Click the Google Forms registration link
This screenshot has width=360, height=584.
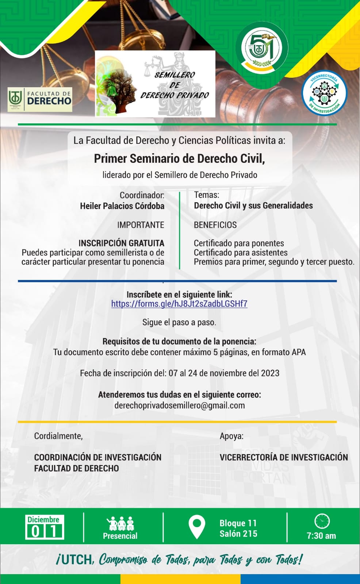coord(179,304)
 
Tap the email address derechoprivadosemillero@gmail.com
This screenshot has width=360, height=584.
coord(180,405)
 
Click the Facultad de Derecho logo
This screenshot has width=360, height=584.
coord(40,100)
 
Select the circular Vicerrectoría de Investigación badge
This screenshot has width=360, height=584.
coord(324,93)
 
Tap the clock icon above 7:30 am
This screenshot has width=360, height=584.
coord(322,521)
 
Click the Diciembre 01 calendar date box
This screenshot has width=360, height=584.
coord(45,527)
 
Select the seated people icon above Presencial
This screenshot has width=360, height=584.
coord(120,524)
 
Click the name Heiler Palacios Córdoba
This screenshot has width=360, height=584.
coord(122,206)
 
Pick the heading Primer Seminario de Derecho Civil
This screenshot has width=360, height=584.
coord(179,158)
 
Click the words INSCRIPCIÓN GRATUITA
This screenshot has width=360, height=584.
coord(121,243)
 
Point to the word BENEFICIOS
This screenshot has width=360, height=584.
coord(215,225)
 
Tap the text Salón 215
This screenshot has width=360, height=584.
coord(238,534)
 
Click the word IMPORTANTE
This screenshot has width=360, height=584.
coord(141,225)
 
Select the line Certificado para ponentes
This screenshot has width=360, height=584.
coord(239,243)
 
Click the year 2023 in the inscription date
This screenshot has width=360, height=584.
coord(270,373)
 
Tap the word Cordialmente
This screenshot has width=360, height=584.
coord(58,436)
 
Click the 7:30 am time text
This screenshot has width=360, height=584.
coord(321,536)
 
